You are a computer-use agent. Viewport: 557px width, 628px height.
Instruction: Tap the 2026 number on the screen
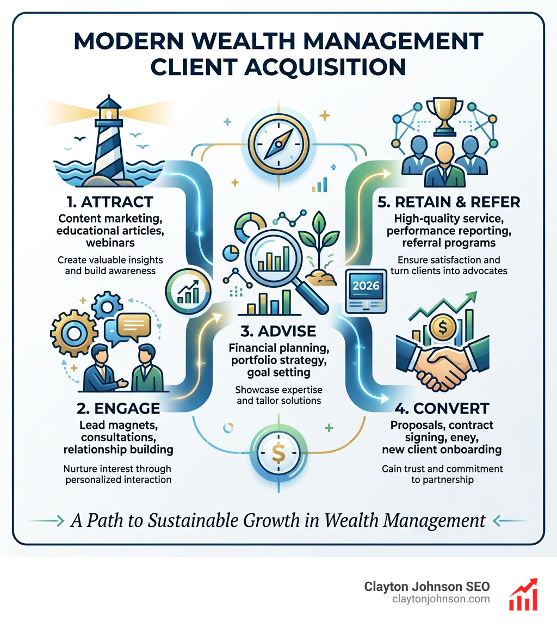pos(367,284)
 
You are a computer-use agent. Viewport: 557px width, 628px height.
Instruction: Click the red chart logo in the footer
pos(522,594)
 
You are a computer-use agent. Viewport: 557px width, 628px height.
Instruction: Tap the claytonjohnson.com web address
pos(441,599)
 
